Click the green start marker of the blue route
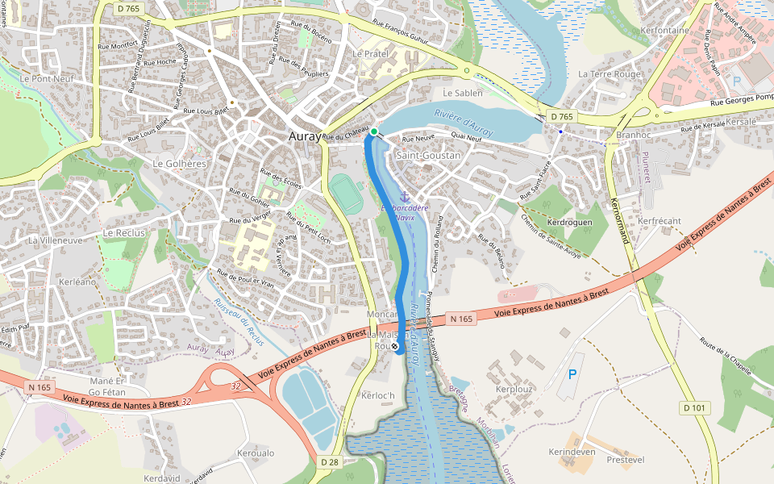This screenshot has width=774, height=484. (374, 131)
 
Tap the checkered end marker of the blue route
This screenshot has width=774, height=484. (395, 346)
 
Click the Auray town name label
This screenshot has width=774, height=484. (305, 137)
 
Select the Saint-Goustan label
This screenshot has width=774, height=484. (428, 155)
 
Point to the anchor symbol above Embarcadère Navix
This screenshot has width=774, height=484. (405, 197)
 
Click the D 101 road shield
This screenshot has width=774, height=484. (694, 407)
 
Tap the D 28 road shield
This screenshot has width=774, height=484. (329, 462)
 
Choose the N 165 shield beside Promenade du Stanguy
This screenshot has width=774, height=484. (461, 319)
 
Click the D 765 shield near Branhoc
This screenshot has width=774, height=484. (562, 117)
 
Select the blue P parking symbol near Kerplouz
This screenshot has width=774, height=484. (572, 374)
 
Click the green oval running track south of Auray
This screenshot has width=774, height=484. (347, 194)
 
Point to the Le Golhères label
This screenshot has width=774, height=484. (180, 163)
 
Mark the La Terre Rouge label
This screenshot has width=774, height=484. (610, 73)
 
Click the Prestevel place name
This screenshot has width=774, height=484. (625, 460)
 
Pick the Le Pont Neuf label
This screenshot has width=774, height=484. (48, 79)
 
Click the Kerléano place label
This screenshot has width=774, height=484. (77, 283)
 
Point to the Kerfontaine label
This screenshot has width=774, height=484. (664, 31)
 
